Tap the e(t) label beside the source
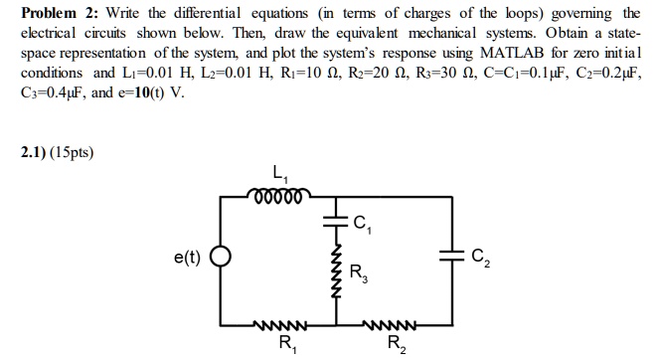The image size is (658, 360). click(x=186, y=257)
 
